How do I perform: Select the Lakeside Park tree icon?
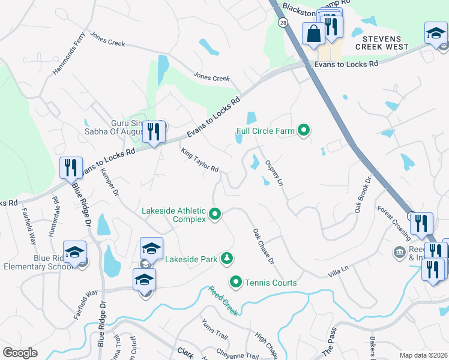point(227,259)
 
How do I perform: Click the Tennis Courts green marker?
point(236,281)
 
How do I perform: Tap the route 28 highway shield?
point(282,22)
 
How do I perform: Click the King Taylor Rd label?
point(199,160)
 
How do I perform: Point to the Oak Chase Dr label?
point(263,246)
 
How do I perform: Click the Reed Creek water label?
point(223,301)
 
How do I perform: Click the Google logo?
point(20,353)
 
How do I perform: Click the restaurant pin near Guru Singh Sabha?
point(154,131)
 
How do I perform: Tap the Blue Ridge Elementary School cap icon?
point(75,253)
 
